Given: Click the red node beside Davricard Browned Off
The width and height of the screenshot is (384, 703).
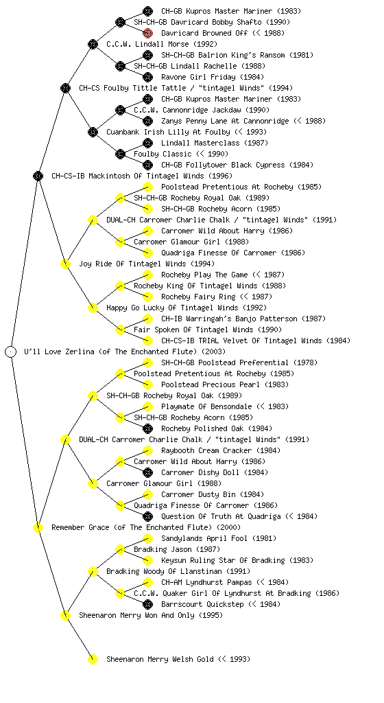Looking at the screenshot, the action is tap(147, 33).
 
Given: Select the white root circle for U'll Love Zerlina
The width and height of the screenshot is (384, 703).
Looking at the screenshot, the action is tap(11, 351).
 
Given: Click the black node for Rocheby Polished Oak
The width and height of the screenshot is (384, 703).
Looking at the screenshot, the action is tap(147, 428).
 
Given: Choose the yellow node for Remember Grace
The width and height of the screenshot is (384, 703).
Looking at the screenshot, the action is tap(38, 527).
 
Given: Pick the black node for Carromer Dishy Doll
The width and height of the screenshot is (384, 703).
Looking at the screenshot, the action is tap(147, 472).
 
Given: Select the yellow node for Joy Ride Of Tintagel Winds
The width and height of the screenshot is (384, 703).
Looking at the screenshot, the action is tap(65, 264).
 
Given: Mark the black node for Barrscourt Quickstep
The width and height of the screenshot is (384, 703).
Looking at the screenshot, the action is tap(147, 604).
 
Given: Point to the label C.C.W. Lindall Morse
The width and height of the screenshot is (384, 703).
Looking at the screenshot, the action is tap(162, 45).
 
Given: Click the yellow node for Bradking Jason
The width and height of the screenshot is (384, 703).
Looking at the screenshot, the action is tap(120, 549).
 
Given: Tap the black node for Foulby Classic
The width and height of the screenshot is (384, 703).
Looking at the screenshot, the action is tap(120, 154).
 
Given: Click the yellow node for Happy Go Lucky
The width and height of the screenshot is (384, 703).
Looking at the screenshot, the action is tap(93, 308).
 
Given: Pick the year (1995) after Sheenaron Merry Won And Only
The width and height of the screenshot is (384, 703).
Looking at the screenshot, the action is tap(211, 615).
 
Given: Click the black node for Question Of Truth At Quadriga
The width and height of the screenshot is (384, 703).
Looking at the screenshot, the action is tap(147, 516).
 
